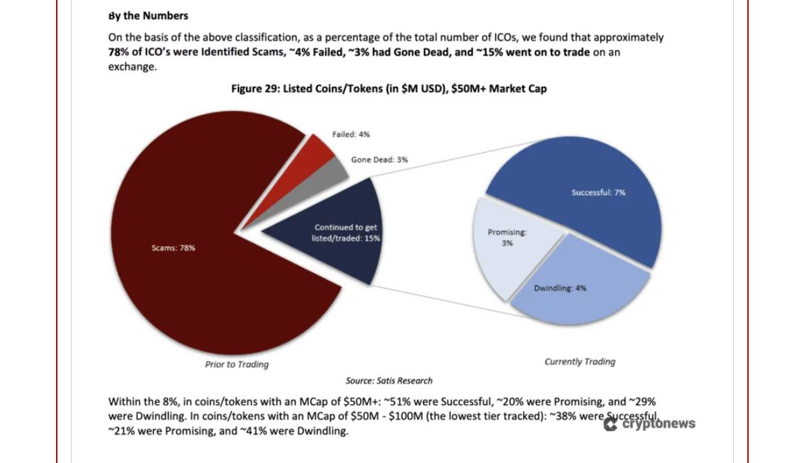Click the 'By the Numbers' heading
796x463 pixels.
(x=148, y=16)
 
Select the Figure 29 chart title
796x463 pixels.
(x=389, y=89)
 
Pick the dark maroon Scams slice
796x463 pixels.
(x=209, y=270)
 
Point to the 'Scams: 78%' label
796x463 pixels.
(x=173, y=248)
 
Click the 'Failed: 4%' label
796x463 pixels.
(x=351, y=135)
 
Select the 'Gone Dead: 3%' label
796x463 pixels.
(x=379, y=160)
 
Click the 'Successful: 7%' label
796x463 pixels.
(x=598, y=193)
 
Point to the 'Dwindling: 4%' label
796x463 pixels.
(x=559, y=288)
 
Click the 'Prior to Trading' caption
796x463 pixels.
(x=237, y=364)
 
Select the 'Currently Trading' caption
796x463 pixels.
(x=580, y=362)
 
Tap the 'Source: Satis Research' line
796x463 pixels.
(x=389, y=381)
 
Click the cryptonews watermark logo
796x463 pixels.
(x=649, y=424)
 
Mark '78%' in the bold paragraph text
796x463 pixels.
(x=119, y=52)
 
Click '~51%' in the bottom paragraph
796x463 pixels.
(x=395, y=401)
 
